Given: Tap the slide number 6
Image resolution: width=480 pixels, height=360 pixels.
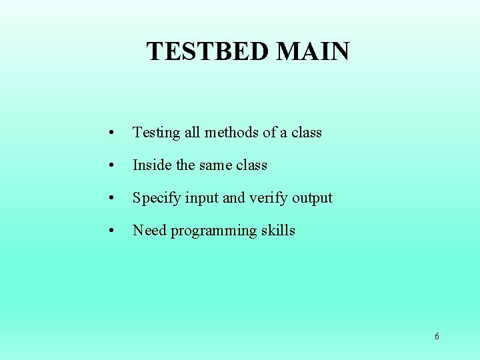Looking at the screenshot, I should pos(437,337).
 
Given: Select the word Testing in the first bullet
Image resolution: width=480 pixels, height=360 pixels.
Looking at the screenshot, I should pos(156,133).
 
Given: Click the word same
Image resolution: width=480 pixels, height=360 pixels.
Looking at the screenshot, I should pos(217,165).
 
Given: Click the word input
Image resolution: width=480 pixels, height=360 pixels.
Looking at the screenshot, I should pos(202,198).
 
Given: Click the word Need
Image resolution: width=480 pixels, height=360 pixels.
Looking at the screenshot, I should pos(149,231).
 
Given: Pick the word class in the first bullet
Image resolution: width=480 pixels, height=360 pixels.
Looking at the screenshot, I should pos(306,132).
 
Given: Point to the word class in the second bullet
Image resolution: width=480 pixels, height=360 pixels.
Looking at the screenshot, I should pos(252,165).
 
